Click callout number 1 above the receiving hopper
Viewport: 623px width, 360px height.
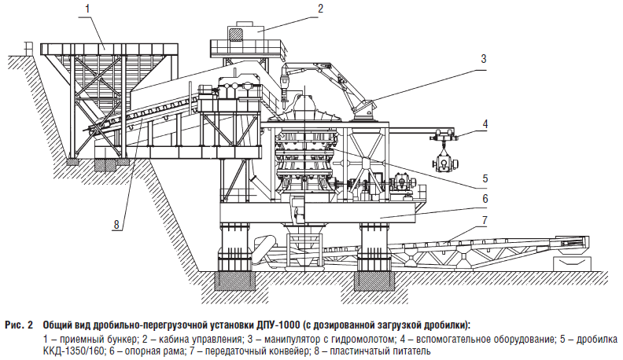[88, 9]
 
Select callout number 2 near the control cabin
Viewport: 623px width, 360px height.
[321, 9]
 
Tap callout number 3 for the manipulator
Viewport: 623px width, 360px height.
[484, 59]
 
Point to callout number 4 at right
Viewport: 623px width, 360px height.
[485, 124]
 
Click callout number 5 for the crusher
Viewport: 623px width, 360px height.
[485, 178]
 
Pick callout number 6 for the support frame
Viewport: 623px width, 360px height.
[485, 198]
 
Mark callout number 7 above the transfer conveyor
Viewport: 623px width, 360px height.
[485, 220]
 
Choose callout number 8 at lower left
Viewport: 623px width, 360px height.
[116, 225]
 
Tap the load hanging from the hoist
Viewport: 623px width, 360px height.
[445, 163]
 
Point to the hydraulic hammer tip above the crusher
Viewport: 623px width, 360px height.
[284, 104]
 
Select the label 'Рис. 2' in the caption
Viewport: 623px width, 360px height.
[19, 325]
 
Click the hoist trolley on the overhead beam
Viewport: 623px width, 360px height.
[443, 136]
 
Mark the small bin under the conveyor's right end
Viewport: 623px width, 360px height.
[572, 262]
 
